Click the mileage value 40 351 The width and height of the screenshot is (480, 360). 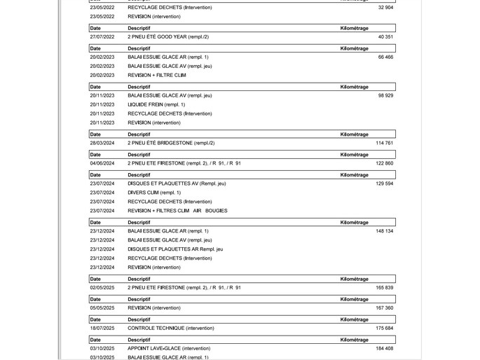(x=385, y=36)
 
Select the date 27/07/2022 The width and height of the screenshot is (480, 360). (x=102, y=36)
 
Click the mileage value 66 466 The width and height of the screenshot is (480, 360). (x=385, y=57)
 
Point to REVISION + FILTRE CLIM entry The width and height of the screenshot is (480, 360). (x=157, y=75)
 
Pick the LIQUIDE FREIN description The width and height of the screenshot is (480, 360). (x=156, y=104)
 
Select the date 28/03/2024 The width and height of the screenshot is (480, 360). (x=102, y=143)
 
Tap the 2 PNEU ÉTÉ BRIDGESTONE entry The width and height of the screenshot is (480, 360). (x=170, y=143)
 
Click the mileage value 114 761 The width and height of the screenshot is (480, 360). (x=384, y=143)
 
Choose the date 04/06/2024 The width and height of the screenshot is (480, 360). (x=102, y=163)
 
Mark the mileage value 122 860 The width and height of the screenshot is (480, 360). (x=384, y=163)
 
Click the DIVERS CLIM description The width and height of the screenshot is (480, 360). (x=154, y=193)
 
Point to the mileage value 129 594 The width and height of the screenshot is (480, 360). (x=384, y=184)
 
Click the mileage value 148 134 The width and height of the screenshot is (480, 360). (x=384, y=231)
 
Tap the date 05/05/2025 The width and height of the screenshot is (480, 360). (x=102, y=307)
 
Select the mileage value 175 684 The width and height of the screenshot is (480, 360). (x=384, y=328)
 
